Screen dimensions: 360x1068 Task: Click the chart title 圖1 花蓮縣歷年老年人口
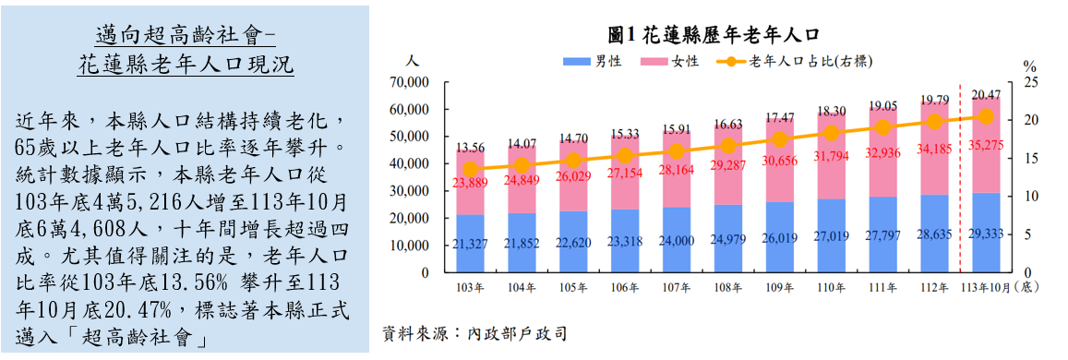[x=714, y=34]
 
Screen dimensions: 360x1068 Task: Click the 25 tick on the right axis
[x=1031, y=82]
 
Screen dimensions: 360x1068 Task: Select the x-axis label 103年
[x=471, y=288]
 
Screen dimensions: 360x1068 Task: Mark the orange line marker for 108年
[x=729, y=146]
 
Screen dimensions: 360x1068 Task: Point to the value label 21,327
[x=471, y=243]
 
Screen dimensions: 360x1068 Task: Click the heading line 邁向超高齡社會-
[x=186, y=36]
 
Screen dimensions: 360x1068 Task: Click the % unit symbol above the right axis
[x=1031, y=66]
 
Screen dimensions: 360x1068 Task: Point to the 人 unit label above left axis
[x=413, y=61]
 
